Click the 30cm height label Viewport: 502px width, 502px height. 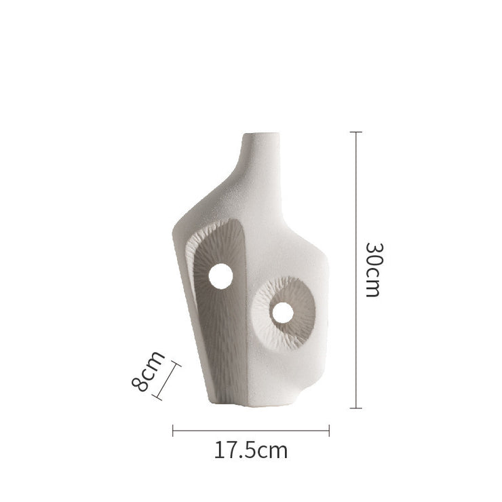tap(374, 270)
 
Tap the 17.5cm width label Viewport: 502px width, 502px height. tap(251, 450)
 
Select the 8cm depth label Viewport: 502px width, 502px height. tap(149, 372)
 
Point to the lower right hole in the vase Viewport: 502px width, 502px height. tap(283, 313)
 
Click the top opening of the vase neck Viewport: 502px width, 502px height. tap(261, 134)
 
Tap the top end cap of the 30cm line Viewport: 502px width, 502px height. tap(356, 132)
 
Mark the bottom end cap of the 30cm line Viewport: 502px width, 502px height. tap(356, 408)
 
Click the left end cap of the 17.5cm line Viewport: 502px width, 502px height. tap(173, 431)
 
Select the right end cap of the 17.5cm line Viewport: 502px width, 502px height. tap(329, 431)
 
